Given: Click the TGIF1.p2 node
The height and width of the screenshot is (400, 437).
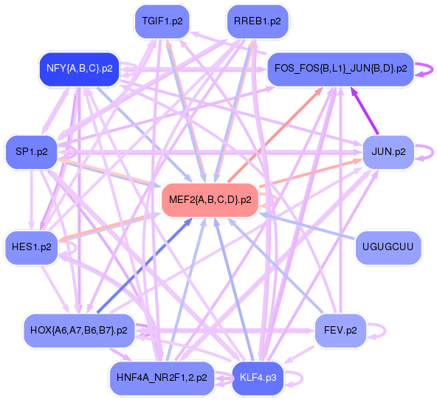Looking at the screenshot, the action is click(162, 21).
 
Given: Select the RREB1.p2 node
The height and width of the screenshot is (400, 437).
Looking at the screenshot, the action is click(258, 21).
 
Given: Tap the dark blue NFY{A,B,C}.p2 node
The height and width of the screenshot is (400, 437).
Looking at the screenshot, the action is click(80, 69).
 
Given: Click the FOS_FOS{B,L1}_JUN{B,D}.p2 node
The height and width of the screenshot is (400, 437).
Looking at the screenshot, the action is click(340, 69).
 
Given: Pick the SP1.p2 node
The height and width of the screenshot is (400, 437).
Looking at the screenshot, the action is click(32, 152).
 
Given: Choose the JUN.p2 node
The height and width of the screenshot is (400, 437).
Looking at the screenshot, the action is click(388, 152).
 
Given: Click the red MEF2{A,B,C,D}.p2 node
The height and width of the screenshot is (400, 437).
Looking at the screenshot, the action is click(210, 200).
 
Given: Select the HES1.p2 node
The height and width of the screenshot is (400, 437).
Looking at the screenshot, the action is click(32, 247).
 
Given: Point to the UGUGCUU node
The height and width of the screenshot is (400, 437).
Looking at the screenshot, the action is click(388, 247).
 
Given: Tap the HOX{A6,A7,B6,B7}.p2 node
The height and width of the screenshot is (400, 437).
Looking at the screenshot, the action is click(79, 331).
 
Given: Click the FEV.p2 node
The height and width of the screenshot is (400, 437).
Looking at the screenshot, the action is click(340, 331).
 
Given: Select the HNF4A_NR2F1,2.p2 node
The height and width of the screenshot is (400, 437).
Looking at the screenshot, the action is click(162, 378).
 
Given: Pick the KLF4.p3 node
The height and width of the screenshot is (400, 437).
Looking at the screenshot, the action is click(258, 378).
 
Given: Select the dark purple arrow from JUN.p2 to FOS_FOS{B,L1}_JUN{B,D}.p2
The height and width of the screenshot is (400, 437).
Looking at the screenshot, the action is click(365, 111).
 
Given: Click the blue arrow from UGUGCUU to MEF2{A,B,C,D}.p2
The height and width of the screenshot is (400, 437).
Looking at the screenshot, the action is click(308, 226).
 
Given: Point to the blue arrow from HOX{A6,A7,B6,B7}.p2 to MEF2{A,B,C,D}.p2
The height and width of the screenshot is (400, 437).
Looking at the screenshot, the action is click(145, 266).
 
